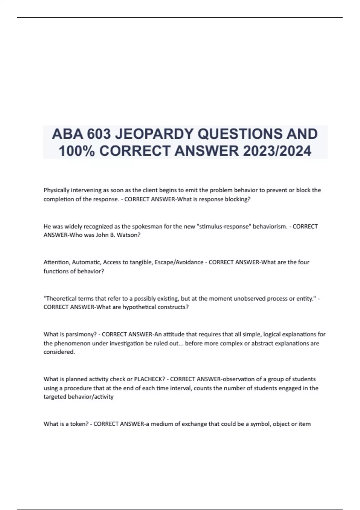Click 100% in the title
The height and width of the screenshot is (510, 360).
(x=76, y=151)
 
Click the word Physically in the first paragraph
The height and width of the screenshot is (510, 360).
(x=56, y=190)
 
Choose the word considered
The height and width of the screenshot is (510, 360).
(x=59, y=352)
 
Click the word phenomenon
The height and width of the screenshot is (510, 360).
(x=71, y=343)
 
